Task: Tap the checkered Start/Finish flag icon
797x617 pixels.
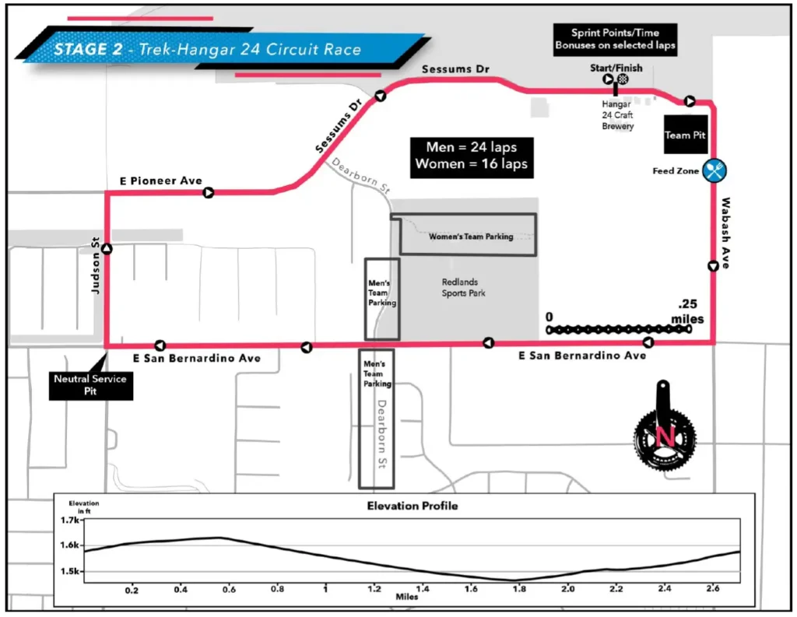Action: [x=623, y=79]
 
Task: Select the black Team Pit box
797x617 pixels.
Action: [x=685, y=135]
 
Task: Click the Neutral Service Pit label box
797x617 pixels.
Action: [x=90, y=384]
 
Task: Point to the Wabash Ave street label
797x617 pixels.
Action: [x=725, y=233]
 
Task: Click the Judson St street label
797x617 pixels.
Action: [x=97, y=269]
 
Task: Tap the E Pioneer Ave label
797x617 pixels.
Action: [x=160, y=181]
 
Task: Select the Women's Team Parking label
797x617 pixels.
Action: [x=471, y=237]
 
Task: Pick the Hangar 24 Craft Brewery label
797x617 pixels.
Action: [x=618, y=114]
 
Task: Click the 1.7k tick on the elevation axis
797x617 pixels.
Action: [x=71, y=520]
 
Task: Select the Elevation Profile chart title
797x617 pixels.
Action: [x=412, y=506]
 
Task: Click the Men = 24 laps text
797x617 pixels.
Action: [x=471, y=147]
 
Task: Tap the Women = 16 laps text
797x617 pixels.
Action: [x=471, y=164]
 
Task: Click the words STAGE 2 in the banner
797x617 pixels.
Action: [x=85, y=49]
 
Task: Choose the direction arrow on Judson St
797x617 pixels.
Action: [x=107, y=249]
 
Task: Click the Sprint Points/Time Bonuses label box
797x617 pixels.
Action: [x=615, y=39]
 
